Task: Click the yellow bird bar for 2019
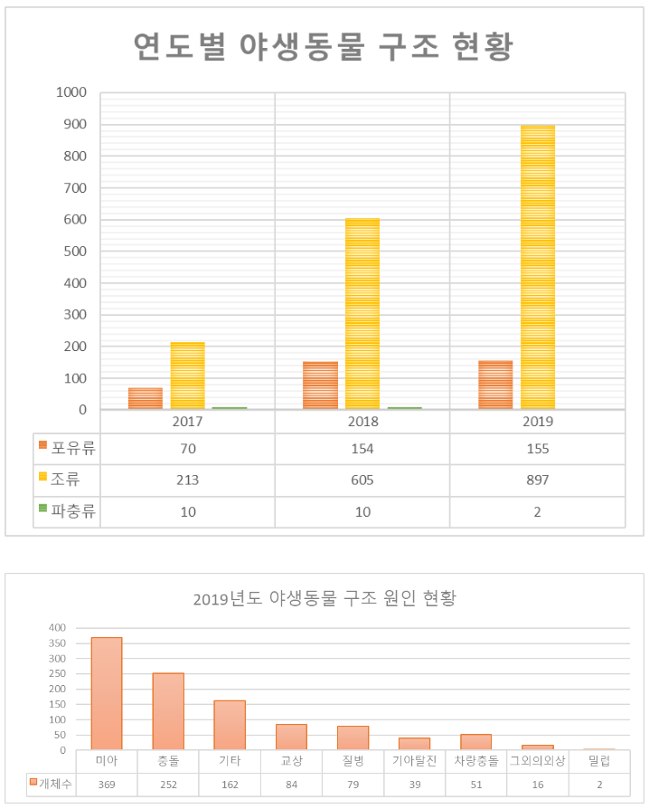[538, 267]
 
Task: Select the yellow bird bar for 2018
[362, 314]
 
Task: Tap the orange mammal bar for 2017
[145, 398]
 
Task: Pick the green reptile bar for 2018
[405, 407]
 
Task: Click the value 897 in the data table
[537, 479]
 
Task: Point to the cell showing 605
[362, 479]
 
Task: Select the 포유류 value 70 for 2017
[187, 448]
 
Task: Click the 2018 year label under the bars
[362, 422]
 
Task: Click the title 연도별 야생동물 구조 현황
[323, 47]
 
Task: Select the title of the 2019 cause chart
[324, 599]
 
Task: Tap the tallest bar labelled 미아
[107, 693]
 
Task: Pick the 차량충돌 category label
[475, 761]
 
